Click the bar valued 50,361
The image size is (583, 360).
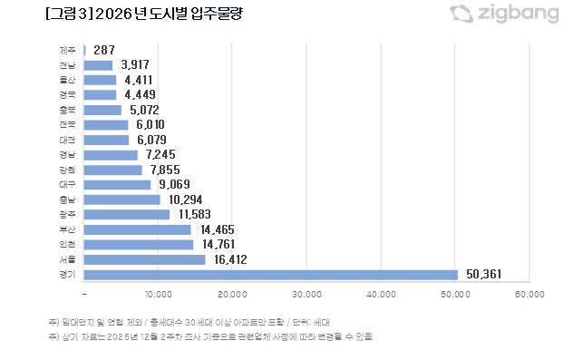[270, 275]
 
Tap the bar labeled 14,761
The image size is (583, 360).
[138, 245]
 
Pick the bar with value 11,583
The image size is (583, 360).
[126, 215]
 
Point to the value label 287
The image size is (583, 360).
[104, 50]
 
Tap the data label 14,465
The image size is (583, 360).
[214, 229]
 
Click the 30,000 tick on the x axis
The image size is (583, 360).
[307, 294]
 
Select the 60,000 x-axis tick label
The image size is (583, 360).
[530, 294]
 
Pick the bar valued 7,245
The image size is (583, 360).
[110, 155]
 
